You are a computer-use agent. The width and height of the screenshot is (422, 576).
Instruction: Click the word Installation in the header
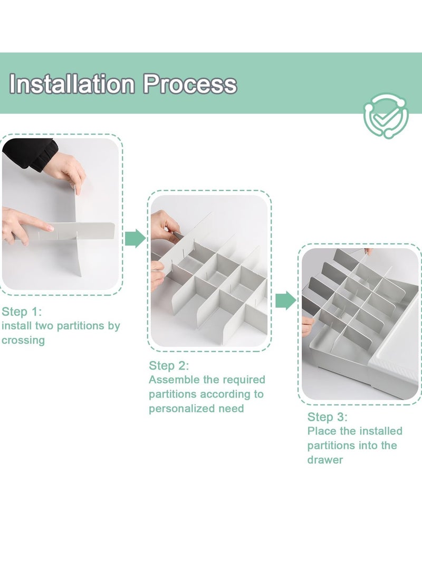coord(72,84)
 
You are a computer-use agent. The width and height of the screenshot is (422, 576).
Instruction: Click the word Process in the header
coord(190,84)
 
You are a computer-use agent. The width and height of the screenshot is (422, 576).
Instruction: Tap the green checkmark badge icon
coord(386,115)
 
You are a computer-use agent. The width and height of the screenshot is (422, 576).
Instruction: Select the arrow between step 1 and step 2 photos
coord(135,239)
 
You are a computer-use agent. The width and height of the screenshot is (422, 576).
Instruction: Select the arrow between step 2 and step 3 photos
coord(286,300)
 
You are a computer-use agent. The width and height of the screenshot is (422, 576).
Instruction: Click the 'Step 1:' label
coord(22,311)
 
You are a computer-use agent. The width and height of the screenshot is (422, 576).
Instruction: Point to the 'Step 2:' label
coord(169,365)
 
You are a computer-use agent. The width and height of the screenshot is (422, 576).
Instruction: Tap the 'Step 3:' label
coord(328,417)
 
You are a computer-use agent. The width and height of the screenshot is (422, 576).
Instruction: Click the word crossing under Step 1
coord(23,341)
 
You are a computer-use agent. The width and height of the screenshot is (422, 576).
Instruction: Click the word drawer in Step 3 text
coord(325,460)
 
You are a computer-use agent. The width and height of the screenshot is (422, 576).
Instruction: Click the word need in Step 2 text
coord(231,409)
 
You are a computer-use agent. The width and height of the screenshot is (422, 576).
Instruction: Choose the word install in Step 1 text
coord(16,326)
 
